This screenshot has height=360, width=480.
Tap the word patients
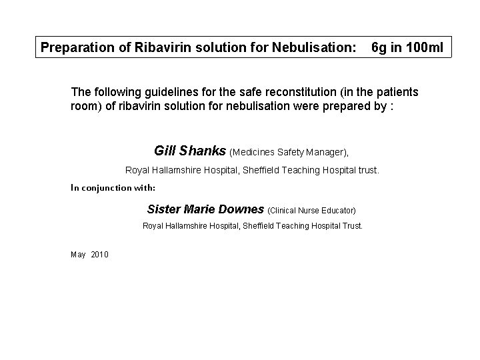(398, 91)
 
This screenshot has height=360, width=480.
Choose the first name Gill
(165, 151)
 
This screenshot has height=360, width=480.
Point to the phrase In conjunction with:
(113, 187)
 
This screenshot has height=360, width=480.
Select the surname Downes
(241, 209)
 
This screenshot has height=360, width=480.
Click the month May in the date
(77, 255)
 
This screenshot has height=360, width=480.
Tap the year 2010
(99, 255)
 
